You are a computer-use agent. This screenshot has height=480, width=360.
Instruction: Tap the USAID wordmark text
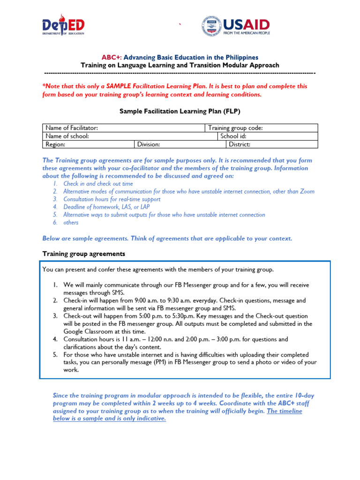point(246,24)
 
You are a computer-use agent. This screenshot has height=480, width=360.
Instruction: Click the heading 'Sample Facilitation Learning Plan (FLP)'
point(180,111)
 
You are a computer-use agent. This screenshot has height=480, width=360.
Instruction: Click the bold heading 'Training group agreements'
point(84,254)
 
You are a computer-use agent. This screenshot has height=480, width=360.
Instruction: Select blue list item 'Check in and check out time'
point(98,184)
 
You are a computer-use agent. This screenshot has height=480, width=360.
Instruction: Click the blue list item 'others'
point(71,223)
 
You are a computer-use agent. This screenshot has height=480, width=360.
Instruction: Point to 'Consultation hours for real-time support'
point(112,199)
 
